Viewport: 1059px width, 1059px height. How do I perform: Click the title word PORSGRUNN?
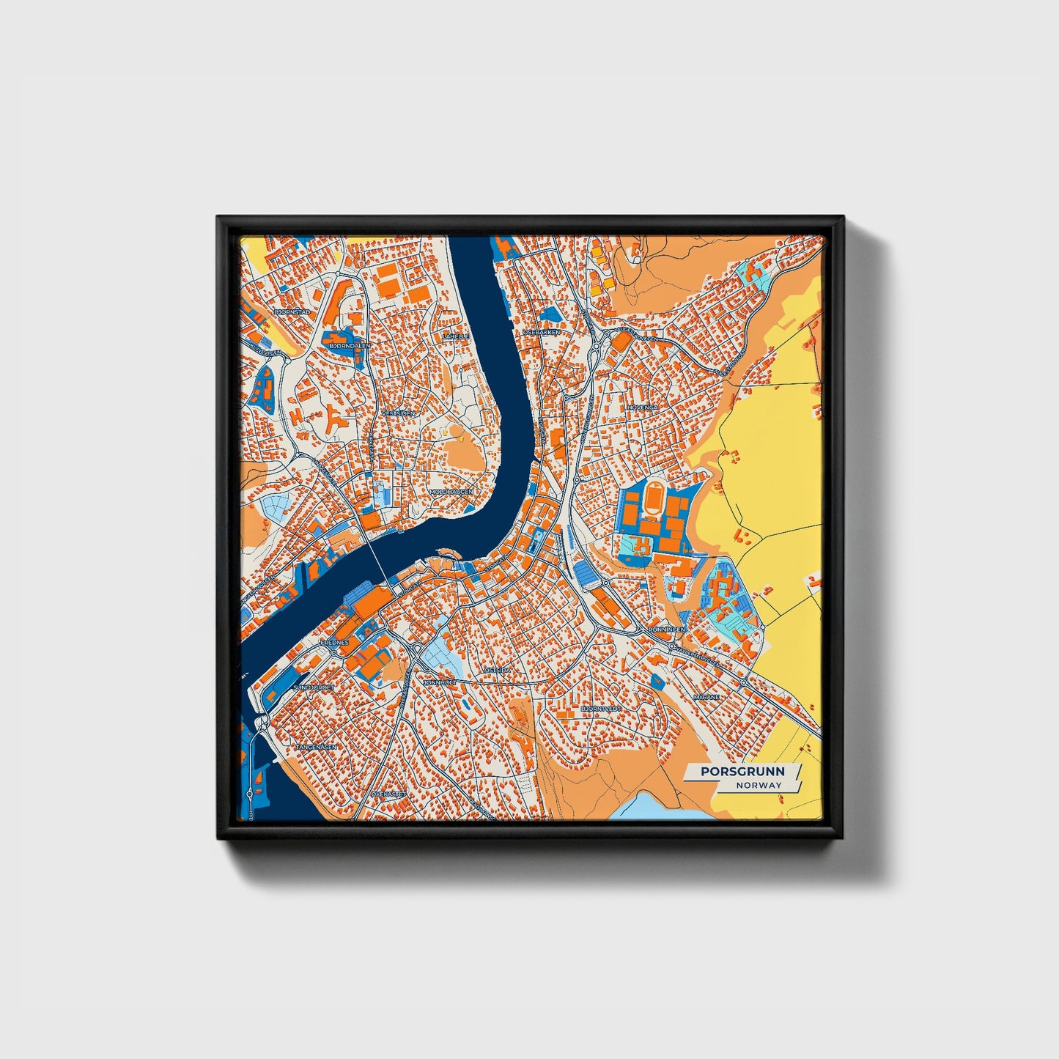point(742,771)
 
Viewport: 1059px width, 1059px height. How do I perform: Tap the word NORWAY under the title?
point(759,785)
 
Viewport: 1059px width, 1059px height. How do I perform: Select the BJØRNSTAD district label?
point(292,312)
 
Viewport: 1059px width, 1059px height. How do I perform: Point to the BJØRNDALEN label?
point(350,344)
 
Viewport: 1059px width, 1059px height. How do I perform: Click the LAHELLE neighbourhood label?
point(455,336)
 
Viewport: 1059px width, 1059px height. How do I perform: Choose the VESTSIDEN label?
point(398,413)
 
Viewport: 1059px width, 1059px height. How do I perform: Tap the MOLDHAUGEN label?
point(451,492)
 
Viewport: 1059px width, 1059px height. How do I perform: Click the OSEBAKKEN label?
point(542,332)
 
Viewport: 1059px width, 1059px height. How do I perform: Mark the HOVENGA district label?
point(642,407)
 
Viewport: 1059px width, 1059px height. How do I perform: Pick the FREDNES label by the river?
point(333,642)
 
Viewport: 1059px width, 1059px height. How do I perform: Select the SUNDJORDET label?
point(314,688)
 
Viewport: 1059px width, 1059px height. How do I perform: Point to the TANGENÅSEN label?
point(317,747)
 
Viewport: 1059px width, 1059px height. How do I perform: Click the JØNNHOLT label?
point(440,682)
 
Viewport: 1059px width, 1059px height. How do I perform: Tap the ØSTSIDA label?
point(497,670)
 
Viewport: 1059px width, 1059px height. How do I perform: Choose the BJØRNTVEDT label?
point(601,709)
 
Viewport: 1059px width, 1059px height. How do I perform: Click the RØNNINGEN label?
point(665,630)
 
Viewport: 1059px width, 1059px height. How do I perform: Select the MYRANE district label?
point(706,697)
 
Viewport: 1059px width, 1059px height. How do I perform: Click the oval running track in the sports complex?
point(652,501)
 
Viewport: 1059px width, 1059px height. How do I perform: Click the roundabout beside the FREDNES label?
point(334,652)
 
